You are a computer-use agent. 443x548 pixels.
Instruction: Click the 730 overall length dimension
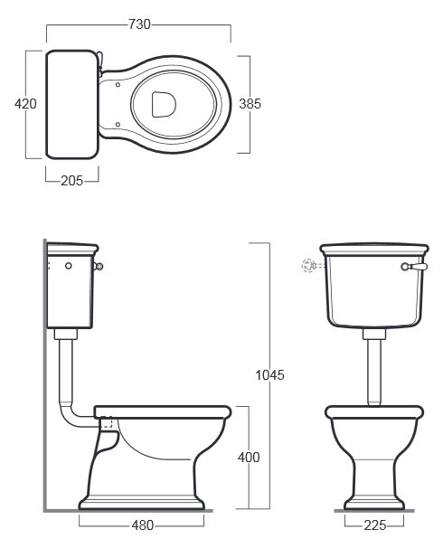(139, 24)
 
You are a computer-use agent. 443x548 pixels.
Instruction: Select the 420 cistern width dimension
(25, 104)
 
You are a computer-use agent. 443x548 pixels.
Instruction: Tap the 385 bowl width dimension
(250, 104)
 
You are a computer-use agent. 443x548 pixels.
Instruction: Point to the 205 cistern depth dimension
(72, 181)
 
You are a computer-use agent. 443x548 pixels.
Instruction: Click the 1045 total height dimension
(269, 375)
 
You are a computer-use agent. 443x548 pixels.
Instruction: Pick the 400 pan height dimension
(249, 458)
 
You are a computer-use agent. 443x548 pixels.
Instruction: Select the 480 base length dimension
(143, 525)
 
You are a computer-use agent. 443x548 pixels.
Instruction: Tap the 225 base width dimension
(375, 525)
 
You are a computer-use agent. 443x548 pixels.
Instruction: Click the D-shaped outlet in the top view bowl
(164, 104)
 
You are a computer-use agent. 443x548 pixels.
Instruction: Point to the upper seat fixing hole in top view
(118, 85)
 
